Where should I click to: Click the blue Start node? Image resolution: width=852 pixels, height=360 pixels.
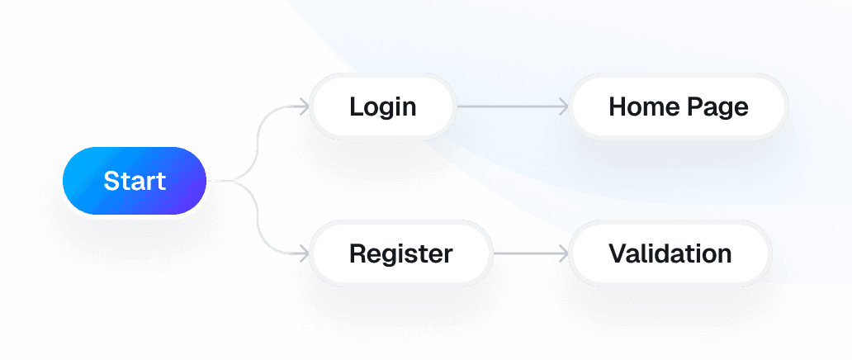click(134, 181)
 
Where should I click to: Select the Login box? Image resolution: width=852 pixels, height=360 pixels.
click(382, 107)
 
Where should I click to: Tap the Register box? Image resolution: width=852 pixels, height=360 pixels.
click(400, 253)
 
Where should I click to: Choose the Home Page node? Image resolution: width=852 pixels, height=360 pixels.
click(678, 107)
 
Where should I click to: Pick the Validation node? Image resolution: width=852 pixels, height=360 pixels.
click(670, 253)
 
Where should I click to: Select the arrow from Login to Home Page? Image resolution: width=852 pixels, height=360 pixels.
click(512, 107)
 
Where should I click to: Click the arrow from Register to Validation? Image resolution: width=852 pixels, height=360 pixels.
click(528, 253)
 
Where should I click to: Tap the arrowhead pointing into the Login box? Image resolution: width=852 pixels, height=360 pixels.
click(305, 107)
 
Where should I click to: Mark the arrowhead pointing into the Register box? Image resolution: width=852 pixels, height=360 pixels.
click(305, 253)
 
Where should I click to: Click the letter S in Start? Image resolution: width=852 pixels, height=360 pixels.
click(111, 181)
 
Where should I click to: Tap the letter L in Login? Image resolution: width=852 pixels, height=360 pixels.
click(356, 107)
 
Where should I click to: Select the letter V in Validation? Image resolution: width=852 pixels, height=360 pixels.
click(618, 253)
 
